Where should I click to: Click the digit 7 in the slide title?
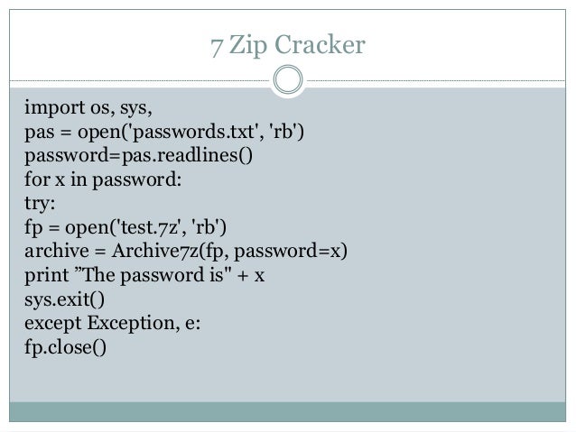(x=215, y=42)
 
